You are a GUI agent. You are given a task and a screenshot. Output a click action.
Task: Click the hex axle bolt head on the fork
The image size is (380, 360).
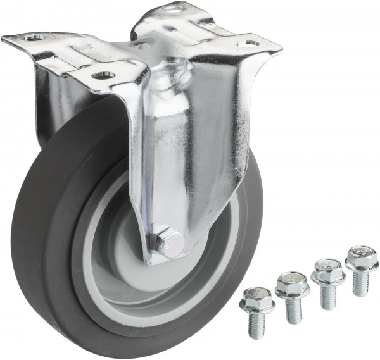coord(170,242)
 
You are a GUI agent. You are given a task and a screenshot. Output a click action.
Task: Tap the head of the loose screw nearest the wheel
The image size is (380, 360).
coord(256,299)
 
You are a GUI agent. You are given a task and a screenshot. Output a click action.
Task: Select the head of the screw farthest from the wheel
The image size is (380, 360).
coord(361,258)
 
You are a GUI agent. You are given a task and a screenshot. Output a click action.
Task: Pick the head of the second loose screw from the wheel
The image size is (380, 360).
coord(292,285)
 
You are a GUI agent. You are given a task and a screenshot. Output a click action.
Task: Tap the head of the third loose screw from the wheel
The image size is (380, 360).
coord(327,271)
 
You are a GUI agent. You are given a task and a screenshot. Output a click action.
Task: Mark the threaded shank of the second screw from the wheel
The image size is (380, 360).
coord(293,309)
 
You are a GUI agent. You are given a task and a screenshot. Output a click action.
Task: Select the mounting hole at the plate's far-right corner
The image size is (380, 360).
coord(248,44)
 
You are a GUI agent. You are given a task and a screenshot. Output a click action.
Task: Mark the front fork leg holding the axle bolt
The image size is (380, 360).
coord(190,158)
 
